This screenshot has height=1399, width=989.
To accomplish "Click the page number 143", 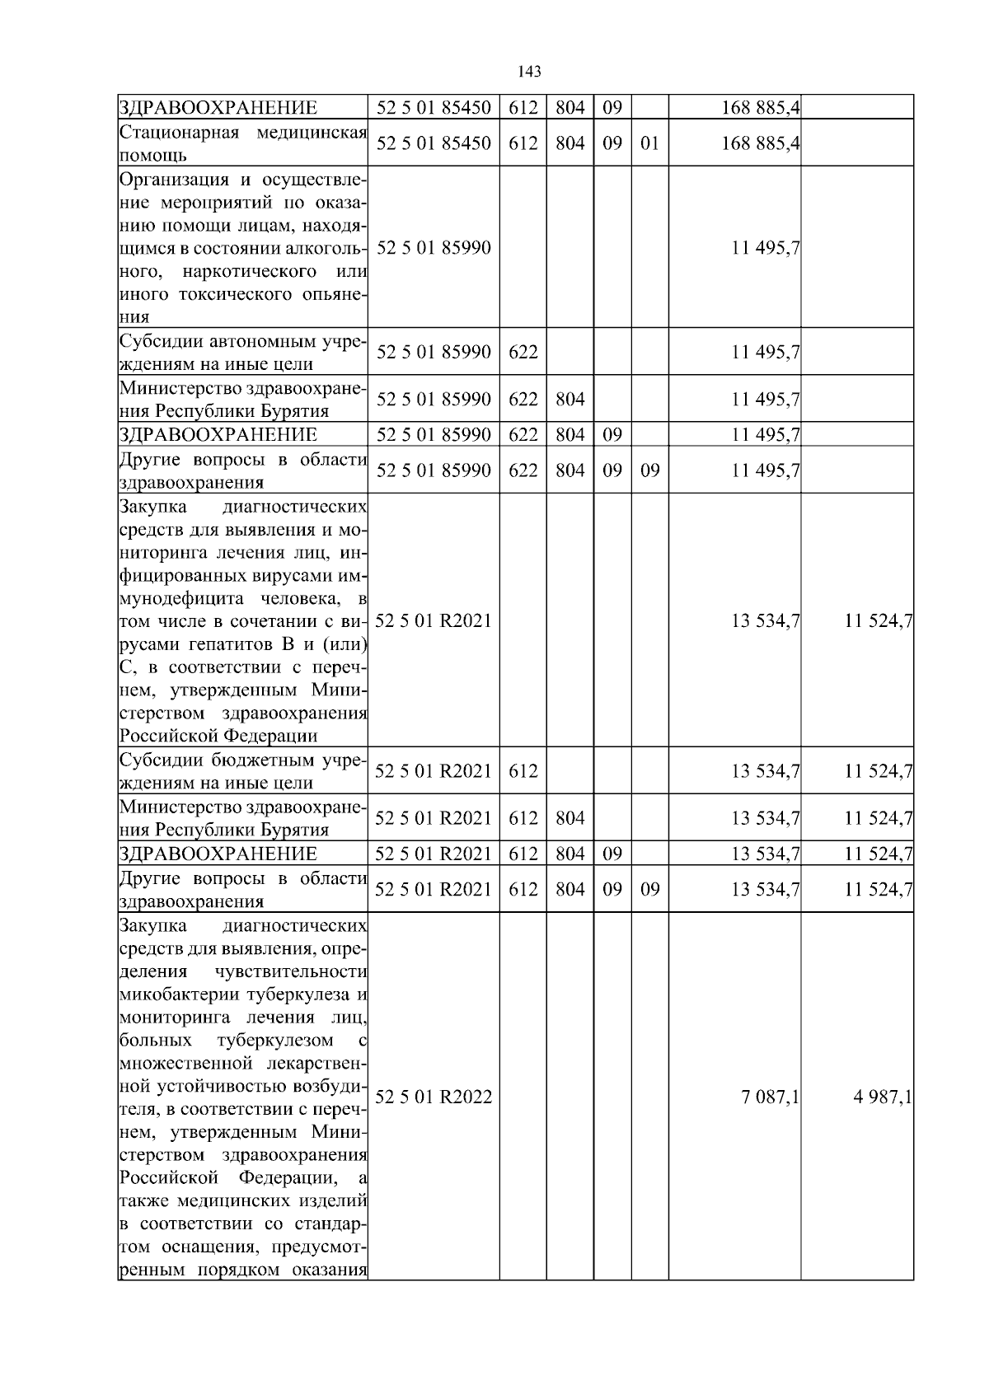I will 529,73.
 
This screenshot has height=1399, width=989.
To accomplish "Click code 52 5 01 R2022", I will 434,1097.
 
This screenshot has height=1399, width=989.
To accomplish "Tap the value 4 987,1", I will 879,1097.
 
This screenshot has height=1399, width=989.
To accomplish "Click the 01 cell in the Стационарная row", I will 649,143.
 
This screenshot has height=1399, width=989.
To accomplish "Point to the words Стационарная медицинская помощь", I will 242,143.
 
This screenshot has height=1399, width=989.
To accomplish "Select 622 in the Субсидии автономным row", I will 523,353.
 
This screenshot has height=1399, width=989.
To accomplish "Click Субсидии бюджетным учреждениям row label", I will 242,771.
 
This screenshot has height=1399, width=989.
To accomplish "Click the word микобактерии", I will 166,994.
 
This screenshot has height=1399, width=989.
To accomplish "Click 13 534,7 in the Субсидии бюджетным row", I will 766,772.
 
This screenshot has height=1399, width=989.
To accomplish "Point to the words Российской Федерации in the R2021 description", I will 218,735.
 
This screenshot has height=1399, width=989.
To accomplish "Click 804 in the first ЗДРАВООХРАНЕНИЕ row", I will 569,108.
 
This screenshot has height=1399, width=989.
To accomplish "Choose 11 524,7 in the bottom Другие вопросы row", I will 879,890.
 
